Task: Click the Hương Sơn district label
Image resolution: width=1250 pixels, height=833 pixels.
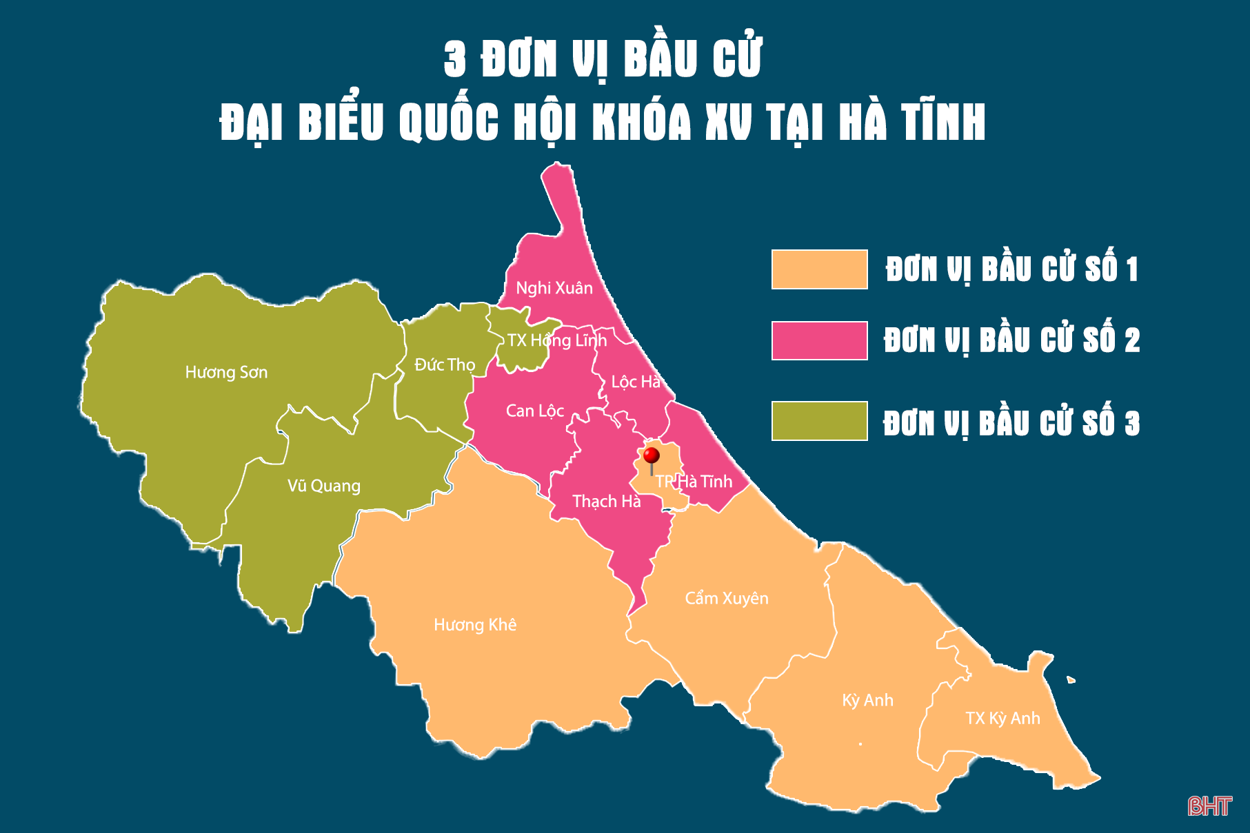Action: [x=226, y=373]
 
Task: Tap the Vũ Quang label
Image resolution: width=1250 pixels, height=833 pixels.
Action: [x=323, y=486]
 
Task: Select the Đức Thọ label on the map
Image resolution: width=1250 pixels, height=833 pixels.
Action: [x=445, y=364]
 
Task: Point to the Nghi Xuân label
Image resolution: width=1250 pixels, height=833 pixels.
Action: [x=554, y=288]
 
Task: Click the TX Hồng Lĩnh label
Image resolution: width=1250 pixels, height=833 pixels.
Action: [x=556, y=340]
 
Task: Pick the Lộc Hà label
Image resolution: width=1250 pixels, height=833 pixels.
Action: [x=635, y=382]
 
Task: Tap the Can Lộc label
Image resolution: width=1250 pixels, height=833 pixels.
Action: [x=534, y=411]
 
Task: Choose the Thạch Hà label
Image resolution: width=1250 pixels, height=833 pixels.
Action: [x=606, y=502]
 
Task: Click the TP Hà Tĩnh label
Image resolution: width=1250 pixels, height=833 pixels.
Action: [x=694, y=482]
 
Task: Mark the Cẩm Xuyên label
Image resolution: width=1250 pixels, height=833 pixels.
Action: [x=726, y=598]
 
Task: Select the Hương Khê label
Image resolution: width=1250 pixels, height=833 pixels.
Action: [x=474, y=625]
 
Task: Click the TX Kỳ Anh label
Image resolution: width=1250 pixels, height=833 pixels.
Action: [x=1002, y=719]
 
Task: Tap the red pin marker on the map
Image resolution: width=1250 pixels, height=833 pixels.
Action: [x=651, y=455]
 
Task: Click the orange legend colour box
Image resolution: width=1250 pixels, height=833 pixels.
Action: [x=819, y=269]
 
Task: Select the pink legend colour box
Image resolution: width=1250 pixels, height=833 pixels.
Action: [x=819, y=340]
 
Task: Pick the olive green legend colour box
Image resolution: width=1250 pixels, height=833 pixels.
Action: [x=819, y=421]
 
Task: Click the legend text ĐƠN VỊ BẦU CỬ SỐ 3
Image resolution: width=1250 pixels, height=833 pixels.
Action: [x=1011, y=423]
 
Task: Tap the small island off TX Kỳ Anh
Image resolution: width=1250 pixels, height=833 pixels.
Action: [x=1070, y=680]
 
